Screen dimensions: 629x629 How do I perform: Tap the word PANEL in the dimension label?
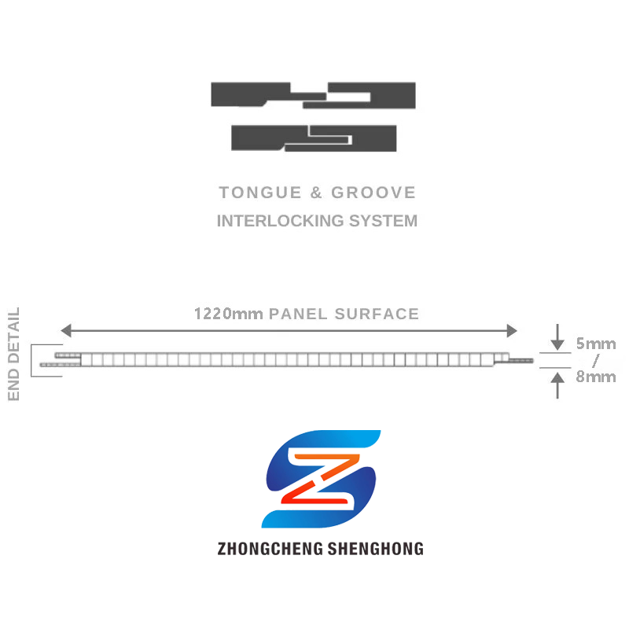coord(299,314)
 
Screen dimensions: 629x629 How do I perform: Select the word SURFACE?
coord(377,314)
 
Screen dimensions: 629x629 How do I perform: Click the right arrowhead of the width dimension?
coord(512,330)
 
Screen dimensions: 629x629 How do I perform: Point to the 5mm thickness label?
coord(595,344)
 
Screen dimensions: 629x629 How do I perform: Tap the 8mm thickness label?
coord(595,377)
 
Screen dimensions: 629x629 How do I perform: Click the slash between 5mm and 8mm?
coord(595,360)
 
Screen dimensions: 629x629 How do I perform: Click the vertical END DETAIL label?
coord(14,355)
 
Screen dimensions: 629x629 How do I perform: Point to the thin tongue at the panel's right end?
coord(520,361)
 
